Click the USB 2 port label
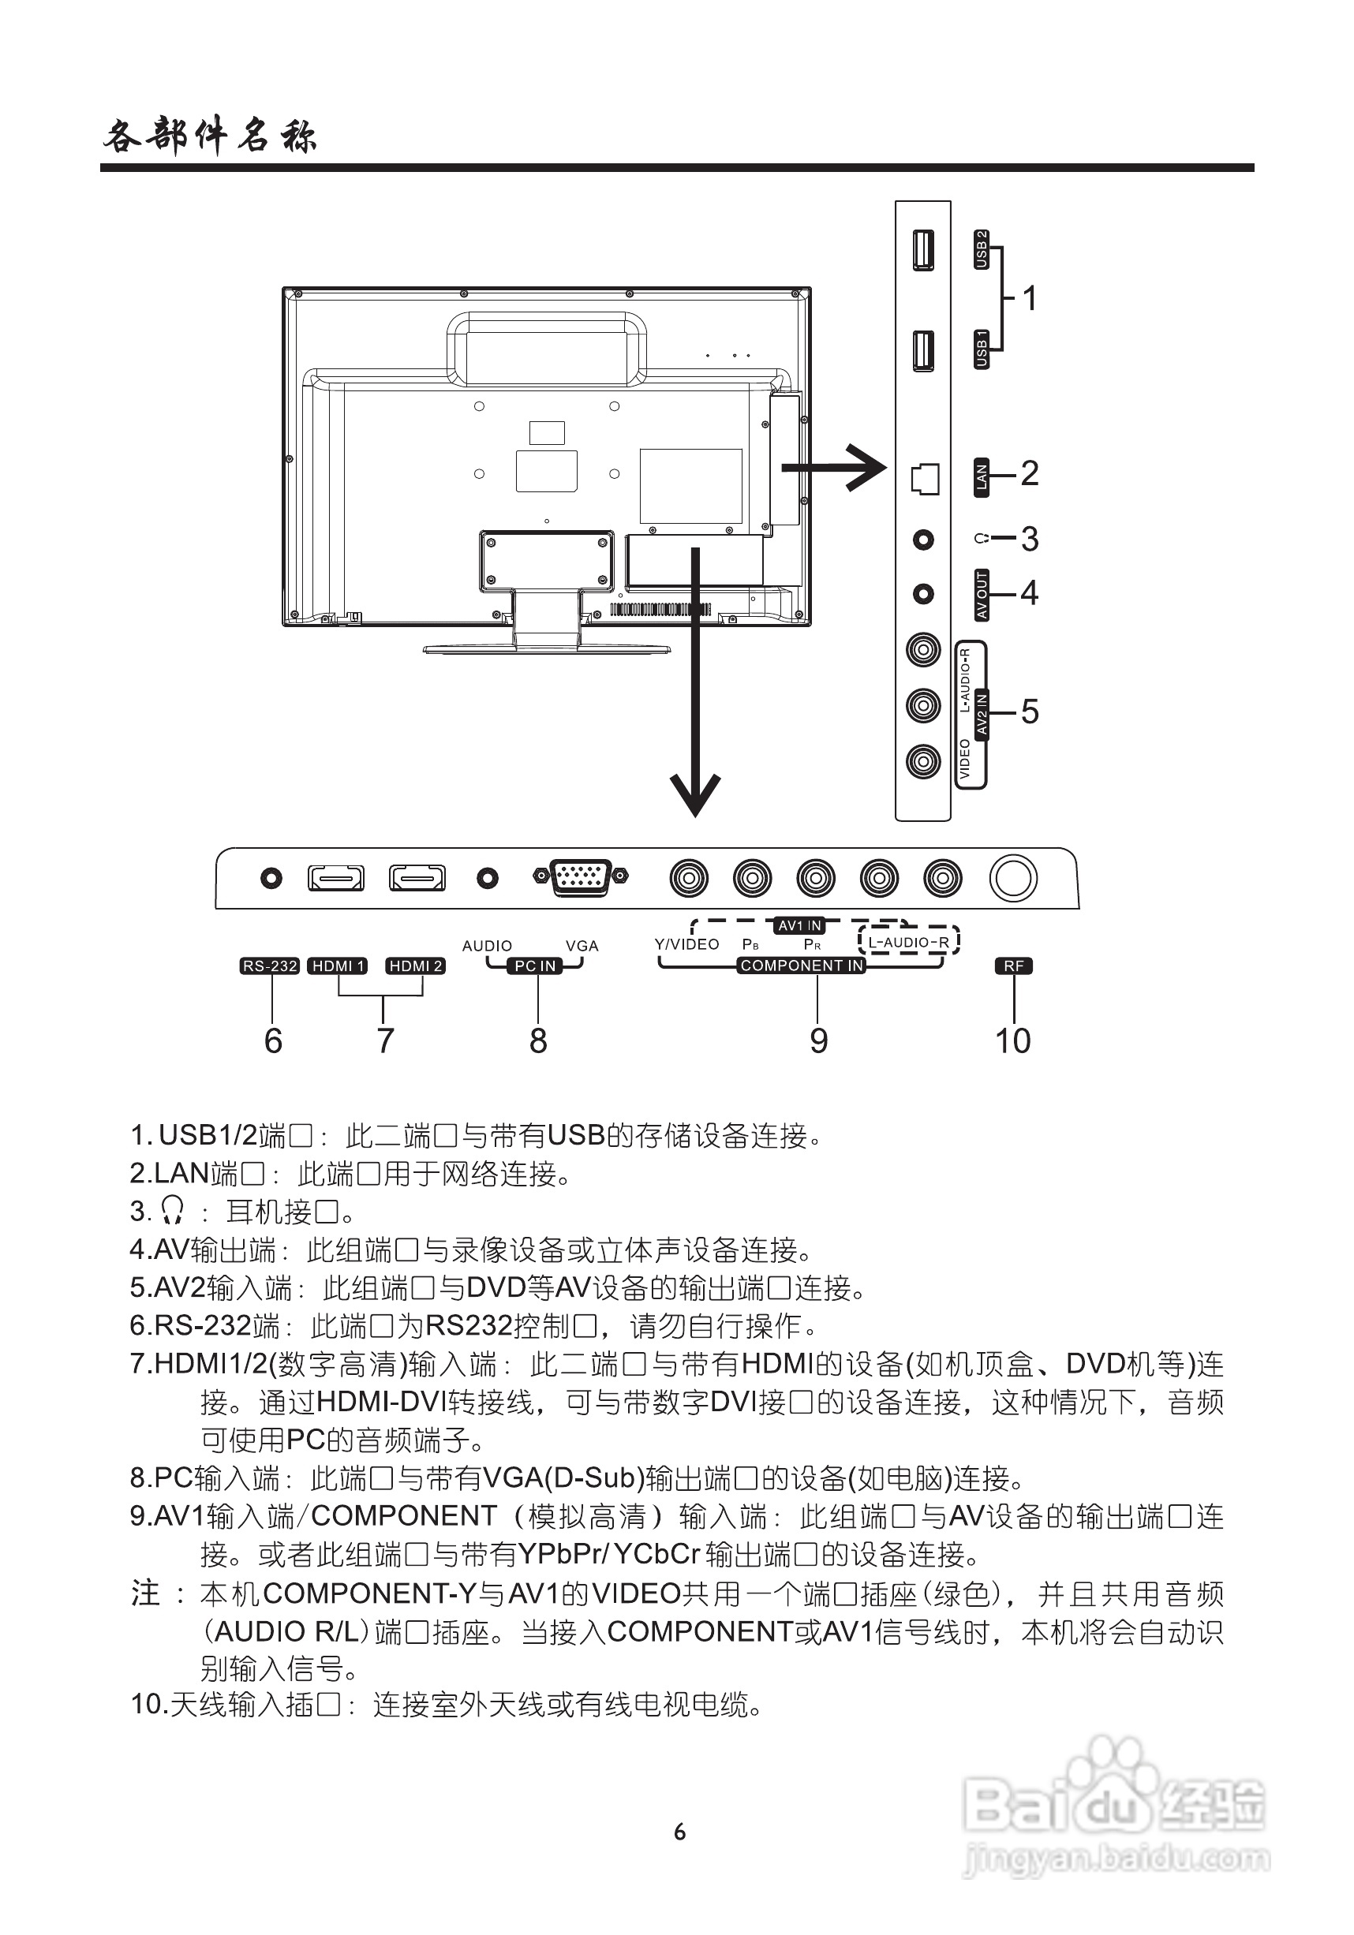[981, 249]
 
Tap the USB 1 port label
[981, 349]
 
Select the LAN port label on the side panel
[981, 478]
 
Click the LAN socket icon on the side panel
[924, 479]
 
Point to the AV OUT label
[981, 595]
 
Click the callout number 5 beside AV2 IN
[1030, 712]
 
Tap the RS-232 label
[270, 966]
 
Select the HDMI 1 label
[337, 966]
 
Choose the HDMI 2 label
[416, 966]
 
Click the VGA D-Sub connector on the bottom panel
[580, 877]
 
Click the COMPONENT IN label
[802, 966]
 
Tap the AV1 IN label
[799, 925]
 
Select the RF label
[1013, 966]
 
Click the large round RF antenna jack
[1012, 878]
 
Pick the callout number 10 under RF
[1012, 1040]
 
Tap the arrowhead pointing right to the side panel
[870, 467]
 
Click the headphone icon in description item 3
[172, 1211]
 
